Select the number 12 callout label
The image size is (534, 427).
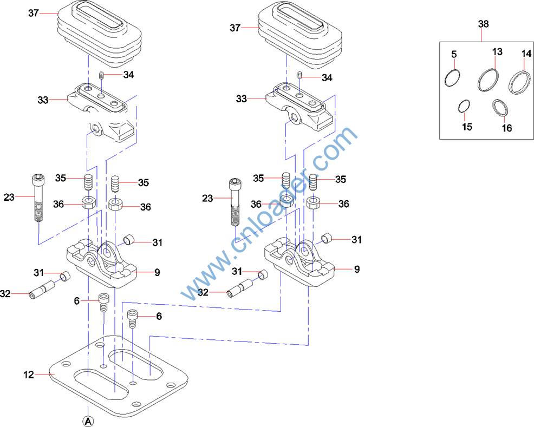[x=29, y=375]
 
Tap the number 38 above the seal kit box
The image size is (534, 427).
[x=483, y=24]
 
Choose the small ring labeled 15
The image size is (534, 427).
[x=463, y=107]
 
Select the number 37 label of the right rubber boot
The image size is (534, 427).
[x=235, y=27]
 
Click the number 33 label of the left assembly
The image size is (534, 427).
[x=43, y=100]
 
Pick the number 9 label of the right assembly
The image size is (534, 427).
[x=356, y=269]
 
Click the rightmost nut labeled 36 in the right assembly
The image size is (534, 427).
[x=312, y=204]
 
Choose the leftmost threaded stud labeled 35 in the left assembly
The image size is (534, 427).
[x=88, y=182]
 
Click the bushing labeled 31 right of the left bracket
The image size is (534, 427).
[x=130, y=240]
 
